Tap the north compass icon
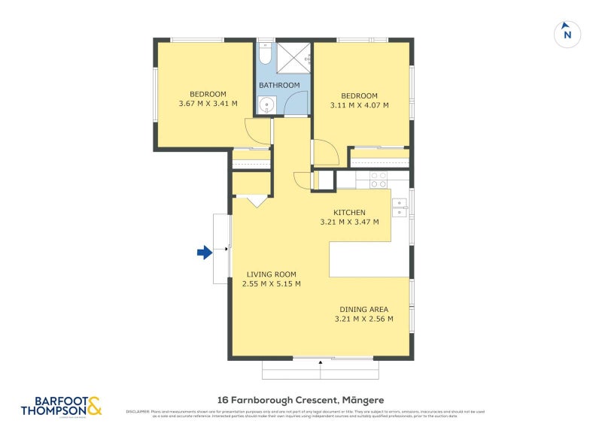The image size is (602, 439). point(567,34)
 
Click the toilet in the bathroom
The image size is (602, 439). point(265,56)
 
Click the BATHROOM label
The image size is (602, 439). point(279,86)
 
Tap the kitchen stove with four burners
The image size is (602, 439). point(379,180)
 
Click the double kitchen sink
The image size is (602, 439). point(399,207)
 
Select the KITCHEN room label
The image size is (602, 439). point(350,213)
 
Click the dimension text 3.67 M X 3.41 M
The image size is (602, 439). point(208,103)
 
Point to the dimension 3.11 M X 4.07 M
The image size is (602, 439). point(359,105)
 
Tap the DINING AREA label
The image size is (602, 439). point(363,309)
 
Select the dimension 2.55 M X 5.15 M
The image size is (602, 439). point(271,284)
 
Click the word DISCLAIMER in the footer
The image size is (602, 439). point(138,411)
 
